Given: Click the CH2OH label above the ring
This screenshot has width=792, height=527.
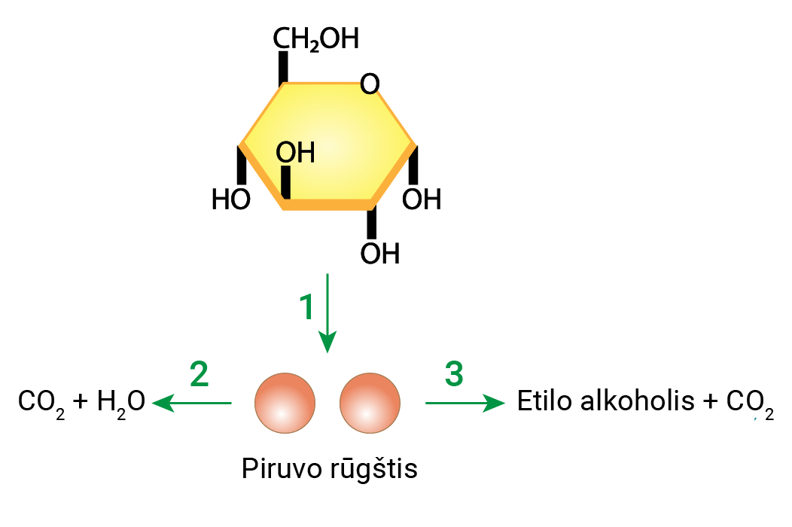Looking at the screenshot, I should [315, 39].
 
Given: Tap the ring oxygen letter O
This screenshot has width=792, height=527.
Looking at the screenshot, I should [370, 84].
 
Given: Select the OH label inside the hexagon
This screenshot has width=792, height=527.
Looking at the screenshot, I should [295, 153].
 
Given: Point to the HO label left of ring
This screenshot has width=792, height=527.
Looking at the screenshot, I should [230, 200].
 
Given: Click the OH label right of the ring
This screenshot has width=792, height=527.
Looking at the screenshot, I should [422, 200].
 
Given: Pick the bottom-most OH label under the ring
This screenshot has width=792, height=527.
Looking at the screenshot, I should [379, 254].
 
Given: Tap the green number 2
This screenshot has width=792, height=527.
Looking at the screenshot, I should [199, 374].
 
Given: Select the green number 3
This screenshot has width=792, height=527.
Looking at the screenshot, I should [454, 373].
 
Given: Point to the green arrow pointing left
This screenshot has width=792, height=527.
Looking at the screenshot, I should [193, 404].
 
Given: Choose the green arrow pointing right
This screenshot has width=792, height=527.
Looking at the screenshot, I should [465, 404].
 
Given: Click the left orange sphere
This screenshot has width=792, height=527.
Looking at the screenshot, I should [285, 404].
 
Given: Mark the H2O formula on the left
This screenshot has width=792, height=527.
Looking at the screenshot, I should [121, 404].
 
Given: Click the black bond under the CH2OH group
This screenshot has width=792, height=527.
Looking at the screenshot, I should [283, 68].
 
